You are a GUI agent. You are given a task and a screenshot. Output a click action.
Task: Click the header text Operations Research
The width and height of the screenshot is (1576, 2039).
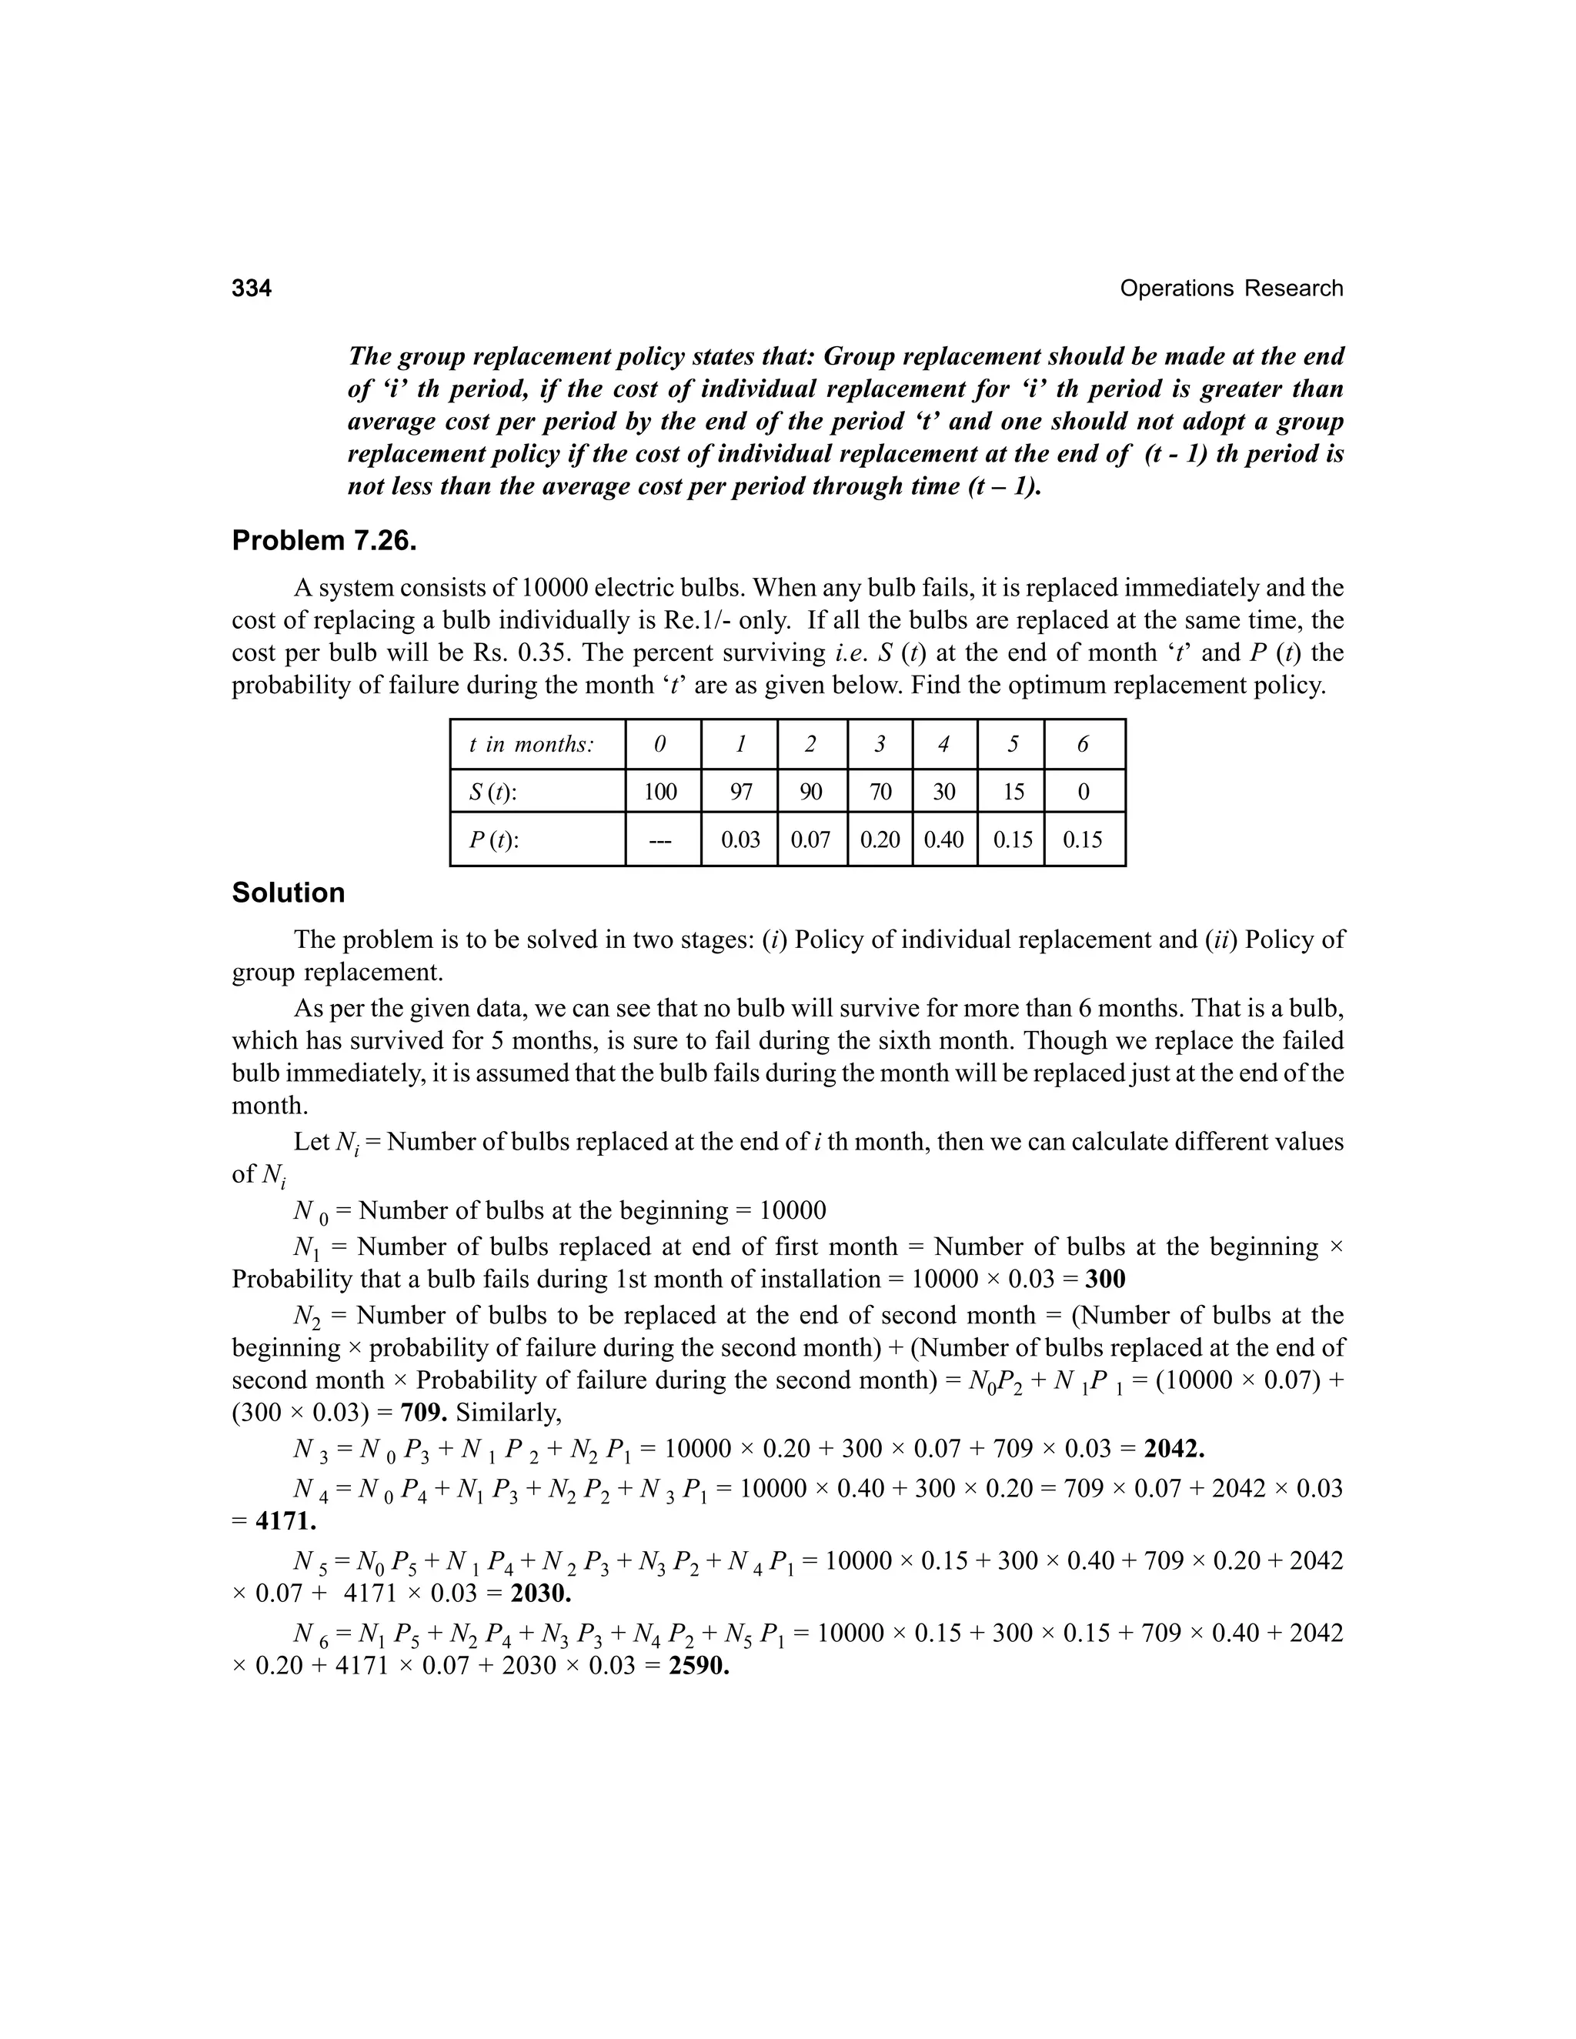[x=1230, y=289]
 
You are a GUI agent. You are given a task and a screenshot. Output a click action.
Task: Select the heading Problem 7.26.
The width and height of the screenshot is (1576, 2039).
[x=323, y=541]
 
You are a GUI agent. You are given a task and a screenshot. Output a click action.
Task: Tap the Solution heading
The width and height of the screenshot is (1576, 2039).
[x=288, y=893]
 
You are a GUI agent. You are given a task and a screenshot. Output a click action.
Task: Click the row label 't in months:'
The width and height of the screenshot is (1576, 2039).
[x=531, y=744]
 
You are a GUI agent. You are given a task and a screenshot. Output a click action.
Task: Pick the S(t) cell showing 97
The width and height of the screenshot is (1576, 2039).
[x=740, y=792]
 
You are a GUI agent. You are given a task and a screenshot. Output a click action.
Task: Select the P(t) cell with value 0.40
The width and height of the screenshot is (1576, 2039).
[x=944, y=839]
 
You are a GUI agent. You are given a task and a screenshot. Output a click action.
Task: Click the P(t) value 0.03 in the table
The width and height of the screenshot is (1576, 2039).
[x=740, y=839]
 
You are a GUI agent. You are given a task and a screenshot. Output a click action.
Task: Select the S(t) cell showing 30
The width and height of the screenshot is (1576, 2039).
[x=944, y=792]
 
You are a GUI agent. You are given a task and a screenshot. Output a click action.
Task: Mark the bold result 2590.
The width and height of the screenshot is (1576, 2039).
[x=699, y=1667]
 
